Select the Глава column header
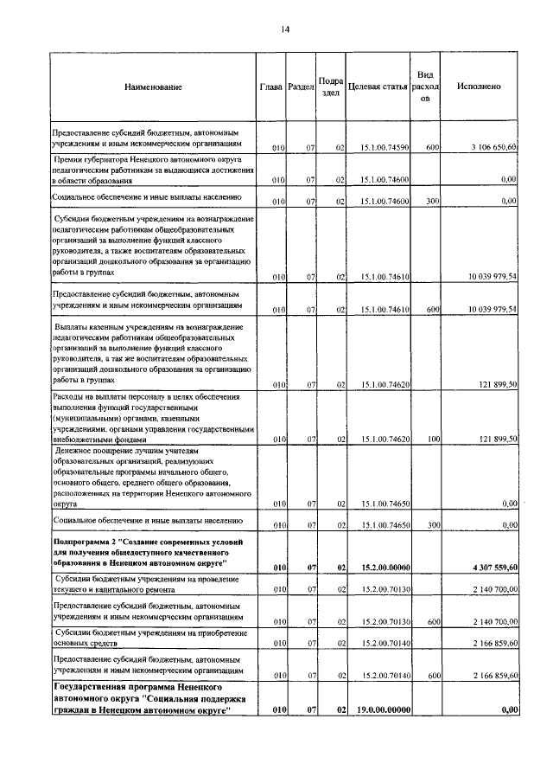(271, 87)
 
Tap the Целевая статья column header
(377, 87)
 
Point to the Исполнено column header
(480, 87)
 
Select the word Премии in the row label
(72, 160)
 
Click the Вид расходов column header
(425, 87)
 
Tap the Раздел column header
(300, 88)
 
